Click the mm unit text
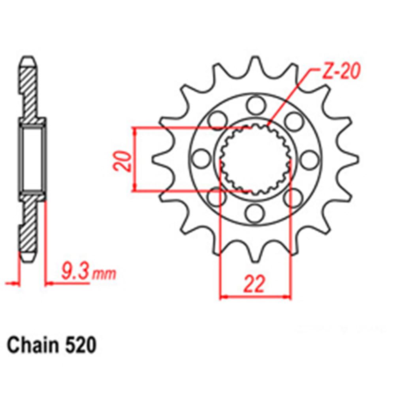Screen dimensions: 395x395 click(x=104, y=273)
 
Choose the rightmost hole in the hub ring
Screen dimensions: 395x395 click(x=309, y=159)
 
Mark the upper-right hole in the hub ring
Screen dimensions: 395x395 click(x=293, y=121)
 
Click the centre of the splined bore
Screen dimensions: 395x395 click(x=255, y=159)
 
